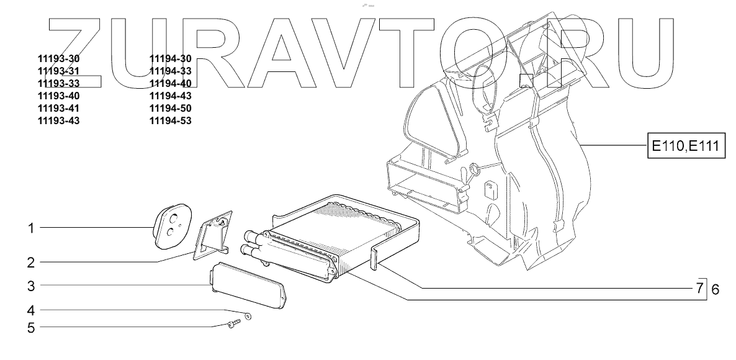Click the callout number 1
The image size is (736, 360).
pyautogui.click(x=30, y=228)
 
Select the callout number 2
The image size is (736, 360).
pyautogui.click(x=30, y=263)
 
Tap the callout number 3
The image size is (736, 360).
pyautogui.click(x=30, y=286)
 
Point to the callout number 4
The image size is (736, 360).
pyautogui.click(x=30, y=310)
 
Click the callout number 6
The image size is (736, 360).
pyautogui.click(x=714, y=289)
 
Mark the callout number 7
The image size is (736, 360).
pyautogui.click(x=699, y=289)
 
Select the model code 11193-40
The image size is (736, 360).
pyautogui.click(x=59, y=96)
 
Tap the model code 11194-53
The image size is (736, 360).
pyautogui.click(x=170, y=120)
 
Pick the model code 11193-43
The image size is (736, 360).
pyautogui.click(x=59, y=120)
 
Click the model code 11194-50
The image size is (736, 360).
pyautogui.click(x=170, y=108)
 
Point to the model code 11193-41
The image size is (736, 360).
pyautogui.click(x=59, y=108)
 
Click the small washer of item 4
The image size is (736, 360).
pyautogui.click(x=248, y=317)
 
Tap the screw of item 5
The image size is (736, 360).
pyautogui.click(x=233, y=323)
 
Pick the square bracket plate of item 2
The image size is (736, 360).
pyautogui.click(x=212, y=236)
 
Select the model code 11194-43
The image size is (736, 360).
pyautogui.click(x=170, y=96)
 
